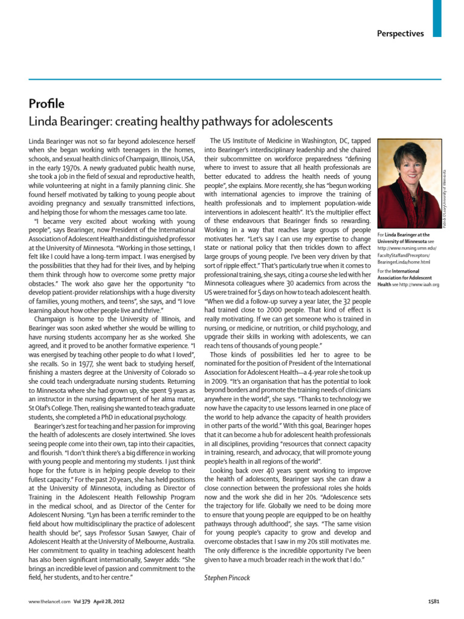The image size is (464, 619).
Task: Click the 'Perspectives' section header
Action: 401,33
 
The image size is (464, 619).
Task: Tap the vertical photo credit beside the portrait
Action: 445,193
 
